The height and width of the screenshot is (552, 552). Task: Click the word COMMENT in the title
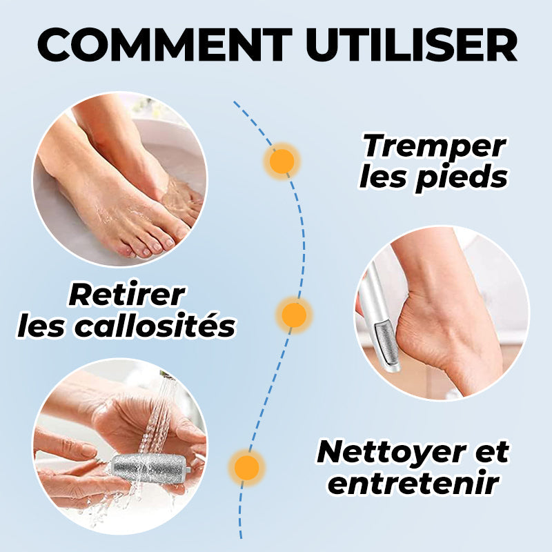(165, 45)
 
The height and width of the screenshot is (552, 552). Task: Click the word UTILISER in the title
(412, 45)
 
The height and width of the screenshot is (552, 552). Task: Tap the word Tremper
(435, 146)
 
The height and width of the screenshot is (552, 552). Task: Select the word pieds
(464, 177)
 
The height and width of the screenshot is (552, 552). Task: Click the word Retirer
(127, 295)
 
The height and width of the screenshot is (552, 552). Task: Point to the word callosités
(155, 326)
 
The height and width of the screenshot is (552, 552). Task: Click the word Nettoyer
(391, 453)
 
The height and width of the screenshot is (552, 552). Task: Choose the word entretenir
(413, 482)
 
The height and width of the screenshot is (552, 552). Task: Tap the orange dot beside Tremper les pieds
(282, 161)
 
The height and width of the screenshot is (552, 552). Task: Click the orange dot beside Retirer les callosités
(295, 314)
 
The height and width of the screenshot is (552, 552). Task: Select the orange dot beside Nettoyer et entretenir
(247, 468)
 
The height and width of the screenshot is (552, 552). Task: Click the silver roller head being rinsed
(150, 466)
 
